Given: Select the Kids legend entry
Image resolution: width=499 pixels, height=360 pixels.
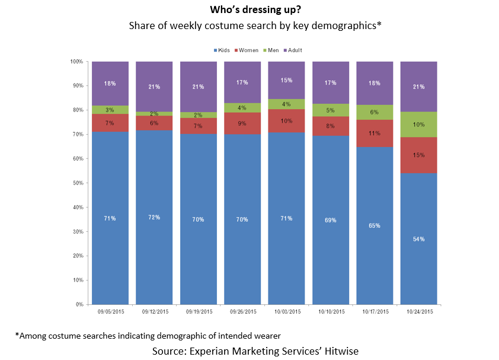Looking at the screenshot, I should click(221, 50).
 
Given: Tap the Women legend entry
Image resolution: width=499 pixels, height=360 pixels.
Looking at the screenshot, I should click(248, 50).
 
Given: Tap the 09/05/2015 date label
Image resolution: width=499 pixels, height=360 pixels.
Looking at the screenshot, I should click(110, 311).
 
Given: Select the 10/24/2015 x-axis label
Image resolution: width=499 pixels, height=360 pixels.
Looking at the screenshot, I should click(418, 311).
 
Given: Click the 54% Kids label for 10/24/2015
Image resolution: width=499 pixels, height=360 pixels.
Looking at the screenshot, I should click(418, 239).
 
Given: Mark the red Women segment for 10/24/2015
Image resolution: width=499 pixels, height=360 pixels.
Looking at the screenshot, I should click(418, 155).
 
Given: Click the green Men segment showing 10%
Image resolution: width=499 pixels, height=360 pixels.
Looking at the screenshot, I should click(418, 125).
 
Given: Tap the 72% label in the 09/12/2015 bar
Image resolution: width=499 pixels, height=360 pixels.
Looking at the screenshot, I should click(154, 218).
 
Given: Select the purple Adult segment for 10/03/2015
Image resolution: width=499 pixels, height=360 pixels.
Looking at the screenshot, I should click(286, 80).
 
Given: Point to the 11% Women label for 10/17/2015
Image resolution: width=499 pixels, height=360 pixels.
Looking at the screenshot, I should click(375, 133).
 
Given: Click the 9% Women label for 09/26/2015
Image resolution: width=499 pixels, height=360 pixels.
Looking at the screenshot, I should click(242, 123).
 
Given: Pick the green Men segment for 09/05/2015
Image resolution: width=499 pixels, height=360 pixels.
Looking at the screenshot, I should click(110, 110).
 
